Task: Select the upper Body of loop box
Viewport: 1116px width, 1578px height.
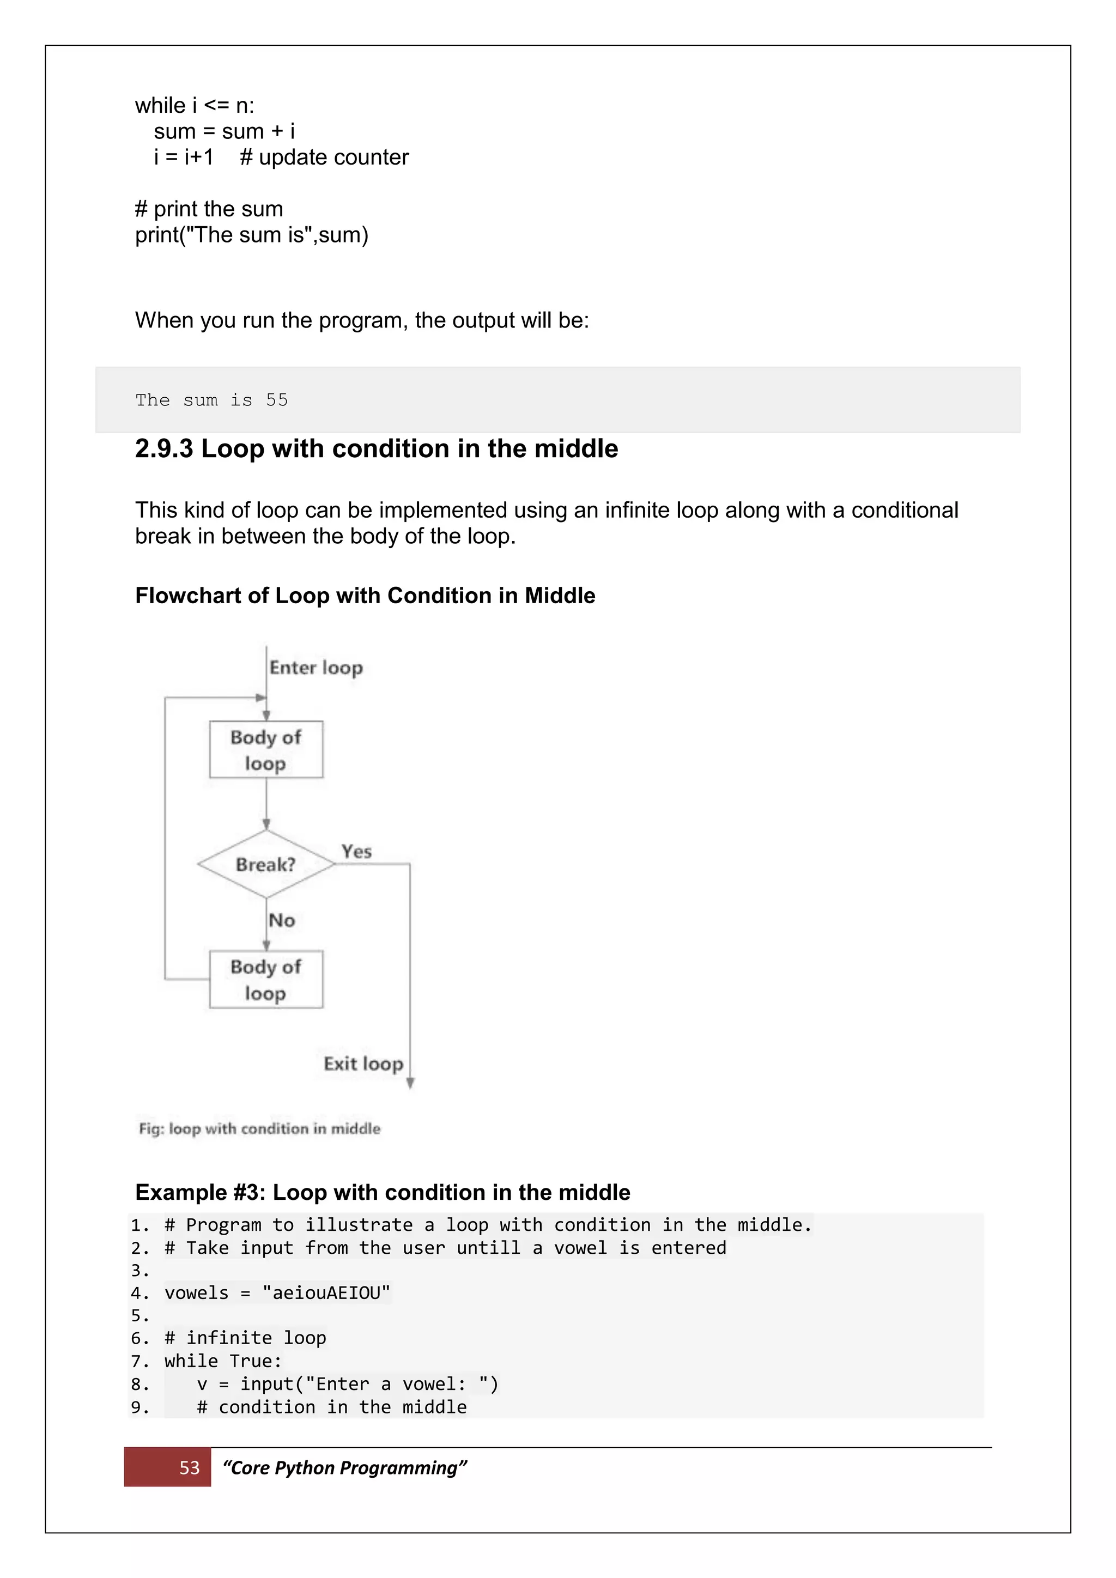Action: pyautogui.click(x=266, y=749)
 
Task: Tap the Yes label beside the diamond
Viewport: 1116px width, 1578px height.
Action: pyautogui.click(x=357, y=852)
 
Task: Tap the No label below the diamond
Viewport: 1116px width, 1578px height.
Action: pyautogui.click(x=282, y=920)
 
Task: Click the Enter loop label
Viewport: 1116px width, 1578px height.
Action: pyautogui.click(x=316, y=668)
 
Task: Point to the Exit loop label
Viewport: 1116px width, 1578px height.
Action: pyautogui.click(x=363, y=1064)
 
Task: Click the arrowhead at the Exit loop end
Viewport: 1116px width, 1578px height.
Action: pyautogui.click(x=410, y=1083)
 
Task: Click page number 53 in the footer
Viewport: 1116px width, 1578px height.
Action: pyautogui.click(x=189, y=1468)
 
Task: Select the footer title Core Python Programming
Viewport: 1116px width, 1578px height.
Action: pyautogui.click(x=344, y=1468)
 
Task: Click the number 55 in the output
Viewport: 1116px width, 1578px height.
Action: pyautogui.click(x=277, y=400)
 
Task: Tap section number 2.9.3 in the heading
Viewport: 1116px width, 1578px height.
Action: pyautogui.click(x=164, y=449)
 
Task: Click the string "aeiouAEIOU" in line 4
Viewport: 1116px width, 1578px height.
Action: pyautogui.click(x=326, y=1293)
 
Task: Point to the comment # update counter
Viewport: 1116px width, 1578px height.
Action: pyautogui.click(x=324, y=157)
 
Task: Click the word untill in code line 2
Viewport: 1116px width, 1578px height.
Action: pyautogui.click(x=489, y=1247)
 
